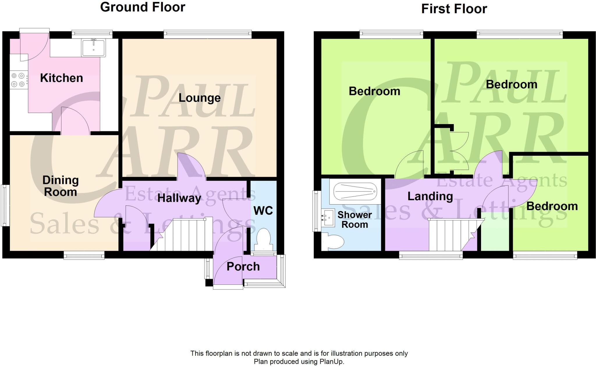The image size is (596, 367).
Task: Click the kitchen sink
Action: click(x=93, y=48)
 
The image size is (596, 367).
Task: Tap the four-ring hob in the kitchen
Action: click(x=18, y=80)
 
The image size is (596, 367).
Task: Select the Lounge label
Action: click(x=199, y=98)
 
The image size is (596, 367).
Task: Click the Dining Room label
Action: click(x=61, y=186)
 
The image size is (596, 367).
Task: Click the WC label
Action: click(x=263, y=211)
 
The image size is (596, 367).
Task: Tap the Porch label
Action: click(x=243, y=266)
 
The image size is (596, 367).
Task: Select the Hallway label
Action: click(x=179, y=198)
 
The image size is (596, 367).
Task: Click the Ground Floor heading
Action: click(x=143, y=7)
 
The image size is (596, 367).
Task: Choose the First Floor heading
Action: click(x=454, y=9)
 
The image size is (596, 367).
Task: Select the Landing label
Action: click(x=430, y=196)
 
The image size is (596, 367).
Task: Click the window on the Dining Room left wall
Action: click(x=4, y=205)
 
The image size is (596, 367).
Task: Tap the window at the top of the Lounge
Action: click(x=207, y=34)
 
